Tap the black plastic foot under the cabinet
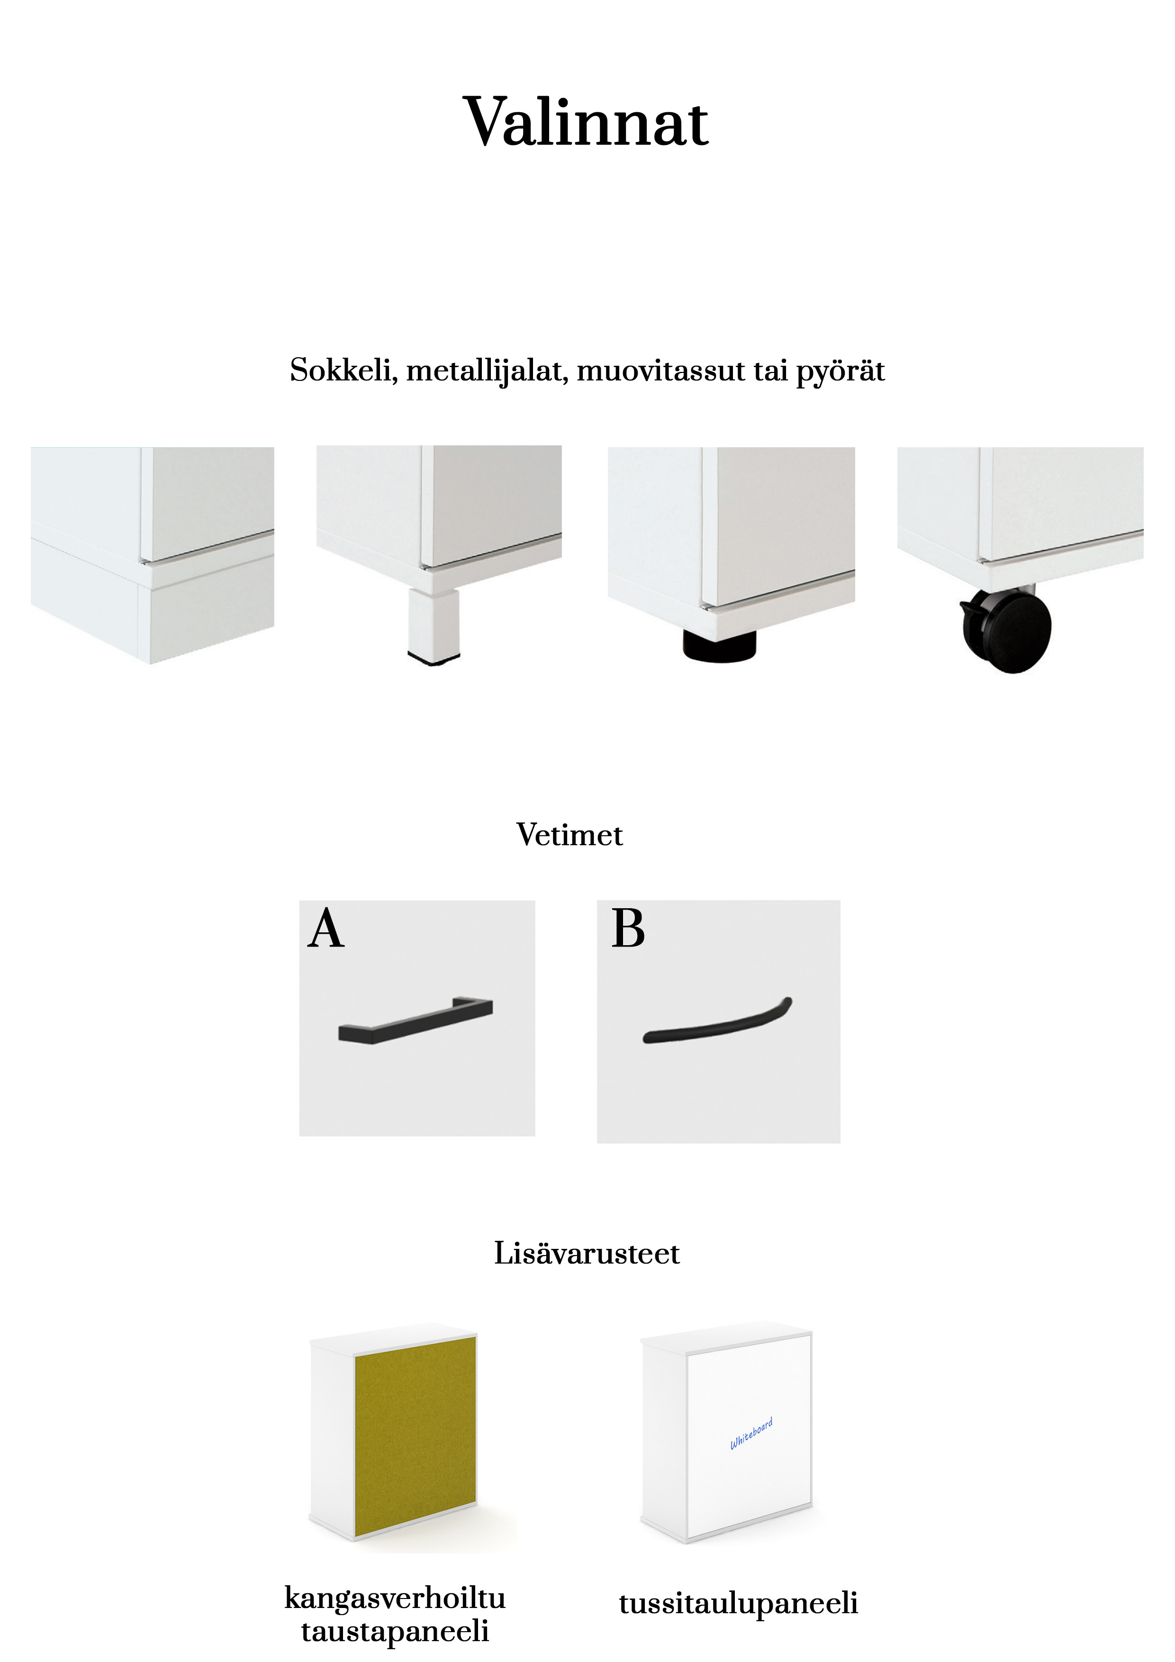719,644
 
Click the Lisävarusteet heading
587,1253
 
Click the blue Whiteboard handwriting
751,1433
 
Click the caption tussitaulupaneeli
739,1603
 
